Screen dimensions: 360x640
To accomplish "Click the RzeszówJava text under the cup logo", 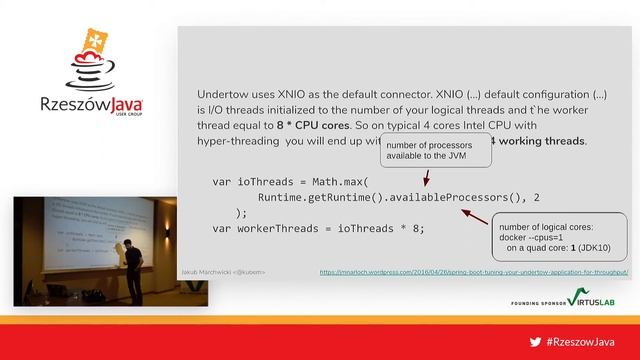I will [x=91, y=104].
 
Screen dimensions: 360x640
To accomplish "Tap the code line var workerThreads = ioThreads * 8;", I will [x=319, y=228].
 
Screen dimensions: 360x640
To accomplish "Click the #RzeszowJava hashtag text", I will [x=582, y=342].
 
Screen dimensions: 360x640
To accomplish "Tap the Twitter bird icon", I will [x=535, y=342].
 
